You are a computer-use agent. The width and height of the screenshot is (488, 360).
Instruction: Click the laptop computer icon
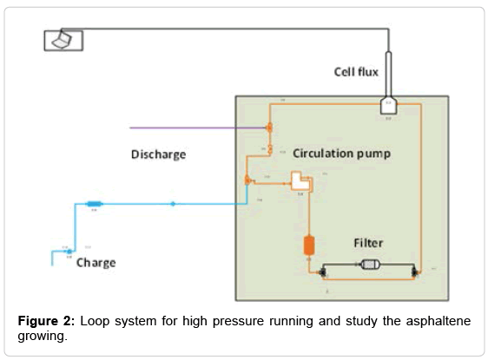[58, 40]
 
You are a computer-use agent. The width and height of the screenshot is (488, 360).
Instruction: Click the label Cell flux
[356, 72]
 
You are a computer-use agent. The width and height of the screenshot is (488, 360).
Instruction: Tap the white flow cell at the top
[388, 106]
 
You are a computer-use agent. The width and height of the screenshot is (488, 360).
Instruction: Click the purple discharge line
[191, 128]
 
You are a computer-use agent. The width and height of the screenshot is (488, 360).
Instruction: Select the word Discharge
[158, 154]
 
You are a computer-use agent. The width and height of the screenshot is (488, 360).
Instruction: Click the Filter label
[367, 244]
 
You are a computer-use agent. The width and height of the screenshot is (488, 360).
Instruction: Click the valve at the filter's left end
[323, 272]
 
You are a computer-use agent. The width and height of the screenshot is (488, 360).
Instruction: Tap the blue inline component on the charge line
[95, 205]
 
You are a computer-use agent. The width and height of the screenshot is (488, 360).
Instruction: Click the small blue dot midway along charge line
[172, 205]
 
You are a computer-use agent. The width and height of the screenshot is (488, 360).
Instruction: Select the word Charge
[96, 262]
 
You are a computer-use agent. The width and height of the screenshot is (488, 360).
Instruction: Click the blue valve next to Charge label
[70, 252]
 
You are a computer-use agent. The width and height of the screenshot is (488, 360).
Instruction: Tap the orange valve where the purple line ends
[268, 128]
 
